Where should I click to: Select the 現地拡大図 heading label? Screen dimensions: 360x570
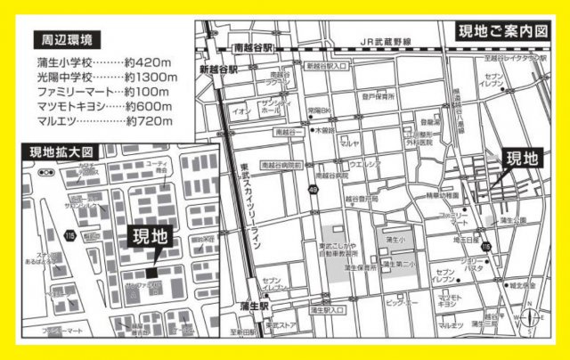pyautogui.click(x=62, y=152)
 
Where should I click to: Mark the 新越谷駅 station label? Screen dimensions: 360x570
pyautogui.click(x=219, y=69)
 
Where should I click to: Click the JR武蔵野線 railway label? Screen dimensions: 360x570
pyautogui.click(x=379, y=42)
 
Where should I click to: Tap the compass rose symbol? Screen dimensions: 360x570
pyautogui.click(x=533, y=319)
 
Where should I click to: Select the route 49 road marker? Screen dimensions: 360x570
pyautogui.click(x=314, y=190)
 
